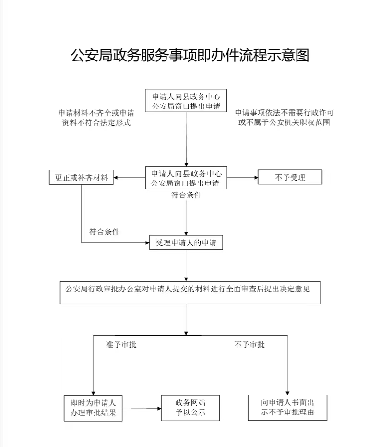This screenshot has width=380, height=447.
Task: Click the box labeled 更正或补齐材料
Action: coord(81,177)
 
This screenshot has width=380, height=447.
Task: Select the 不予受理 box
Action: coord(290,177)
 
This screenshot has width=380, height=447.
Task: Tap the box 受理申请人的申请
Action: coord(186,242)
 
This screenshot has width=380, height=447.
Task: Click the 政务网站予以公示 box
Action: coord(190,408)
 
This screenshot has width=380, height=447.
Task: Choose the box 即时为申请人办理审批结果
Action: coord(93,408)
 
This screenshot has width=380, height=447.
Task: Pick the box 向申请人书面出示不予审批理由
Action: coord(287,407)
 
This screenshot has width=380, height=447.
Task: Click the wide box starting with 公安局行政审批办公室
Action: coord(190,293)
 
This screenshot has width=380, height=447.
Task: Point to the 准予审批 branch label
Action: coord(121,344)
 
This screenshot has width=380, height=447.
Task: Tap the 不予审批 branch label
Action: coord(249,344)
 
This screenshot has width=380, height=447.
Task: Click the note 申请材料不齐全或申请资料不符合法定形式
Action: coord(96,118)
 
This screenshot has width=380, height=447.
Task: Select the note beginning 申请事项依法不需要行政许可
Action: coord(285,118)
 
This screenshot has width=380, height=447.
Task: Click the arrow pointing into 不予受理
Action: coord(242,177)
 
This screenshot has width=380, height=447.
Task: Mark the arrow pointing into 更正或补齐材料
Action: coord(130,177)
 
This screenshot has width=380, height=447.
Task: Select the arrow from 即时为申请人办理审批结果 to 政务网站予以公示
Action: coord(142,408)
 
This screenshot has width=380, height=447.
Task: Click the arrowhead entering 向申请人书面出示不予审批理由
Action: coord(287,393)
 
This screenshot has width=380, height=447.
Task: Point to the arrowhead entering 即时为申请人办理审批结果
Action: coord(93,393)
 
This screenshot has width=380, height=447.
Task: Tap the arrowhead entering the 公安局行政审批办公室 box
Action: coord(186,279)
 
